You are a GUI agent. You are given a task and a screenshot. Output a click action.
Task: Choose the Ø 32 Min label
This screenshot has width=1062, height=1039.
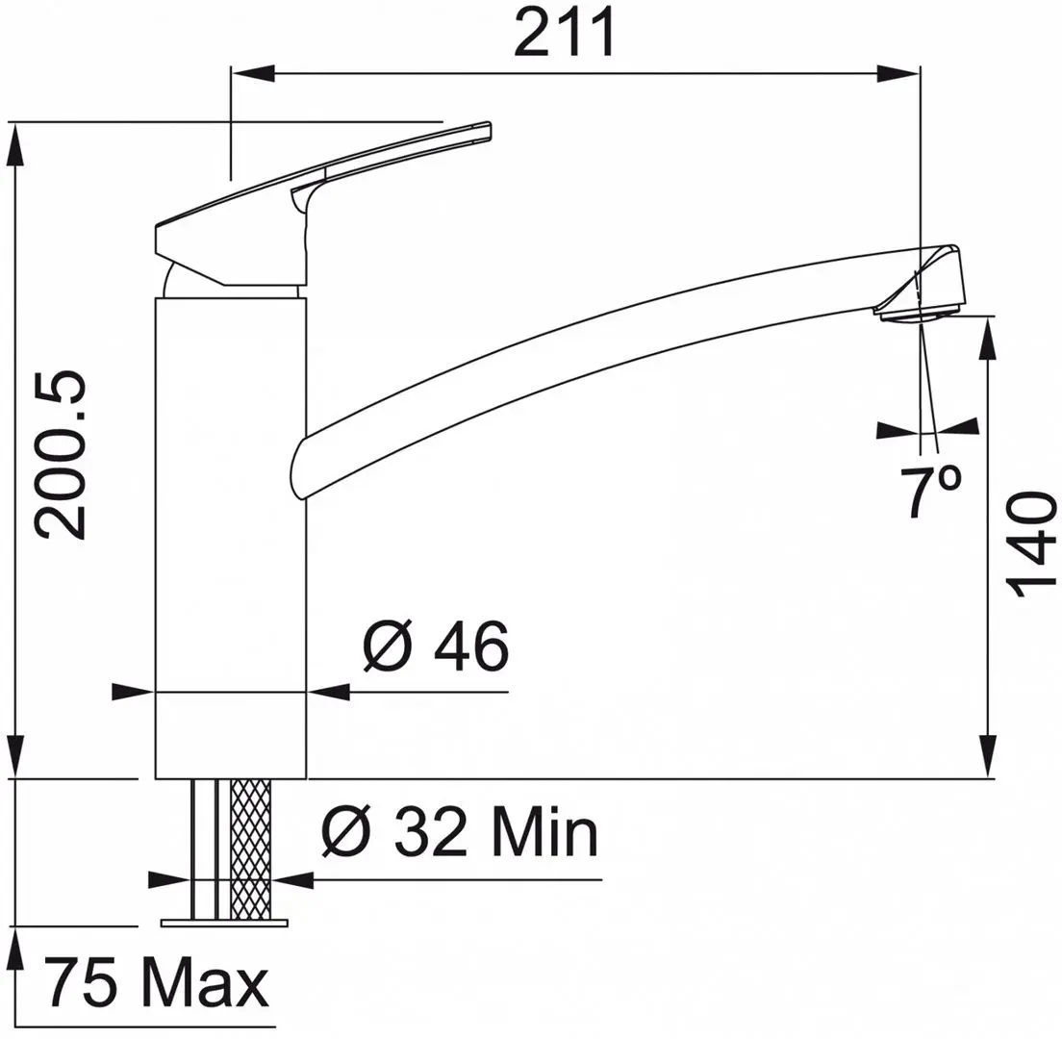tap(459, 835)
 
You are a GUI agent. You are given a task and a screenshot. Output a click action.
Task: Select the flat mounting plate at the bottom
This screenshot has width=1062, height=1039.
tap(225, 923)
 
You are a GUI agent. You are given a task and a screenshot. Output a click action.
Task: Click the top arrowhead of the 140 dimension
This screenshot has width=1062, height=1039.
tap(988, 342)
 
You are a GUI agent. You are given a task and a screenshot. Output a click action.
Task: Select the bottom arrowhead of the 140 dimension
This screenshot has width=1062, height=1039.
tap(988, 754)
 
